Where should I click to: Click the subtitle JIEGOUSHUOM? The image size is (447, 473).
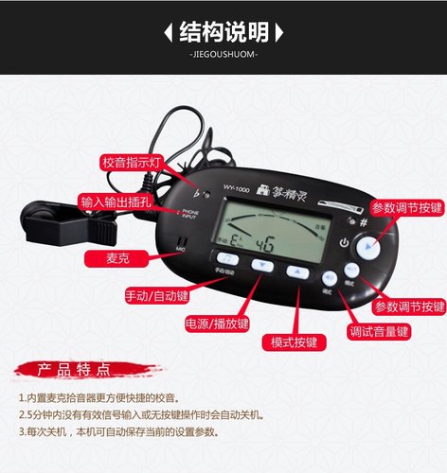pyautogui.click(x=223, y=54)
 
